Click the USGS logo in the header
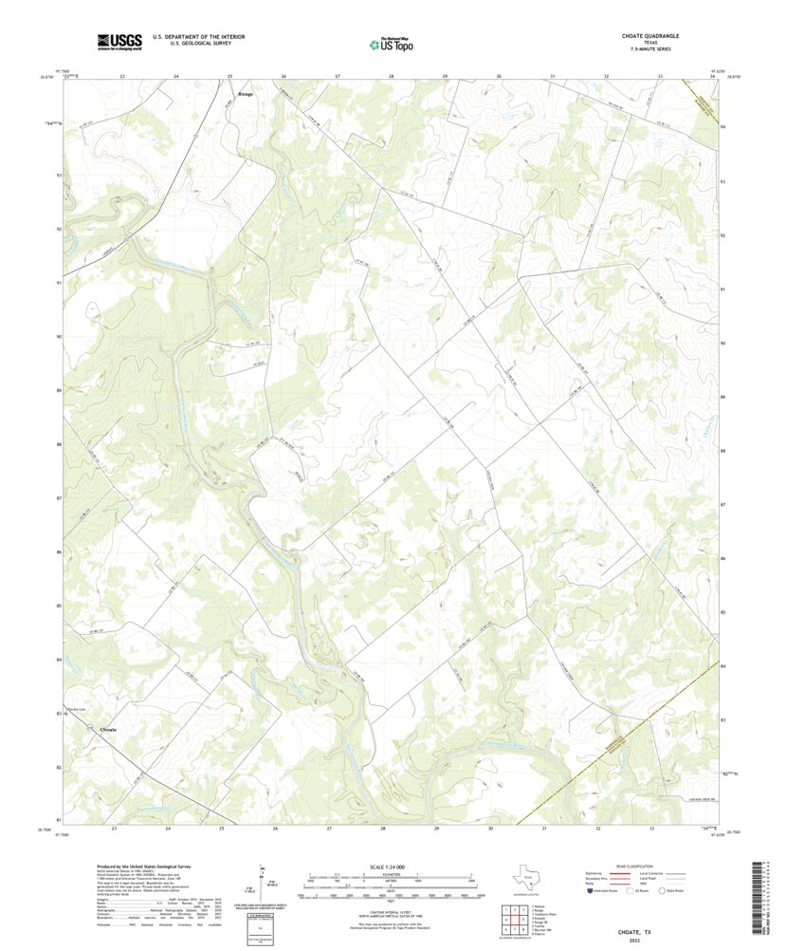pos(119,41)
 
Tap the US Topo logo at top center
pos(392,42)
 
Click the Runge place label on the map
pos(246,94)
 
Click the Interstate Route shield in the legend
pos(592,892)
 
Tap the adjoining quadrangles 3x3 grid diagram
pos(514,919)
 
